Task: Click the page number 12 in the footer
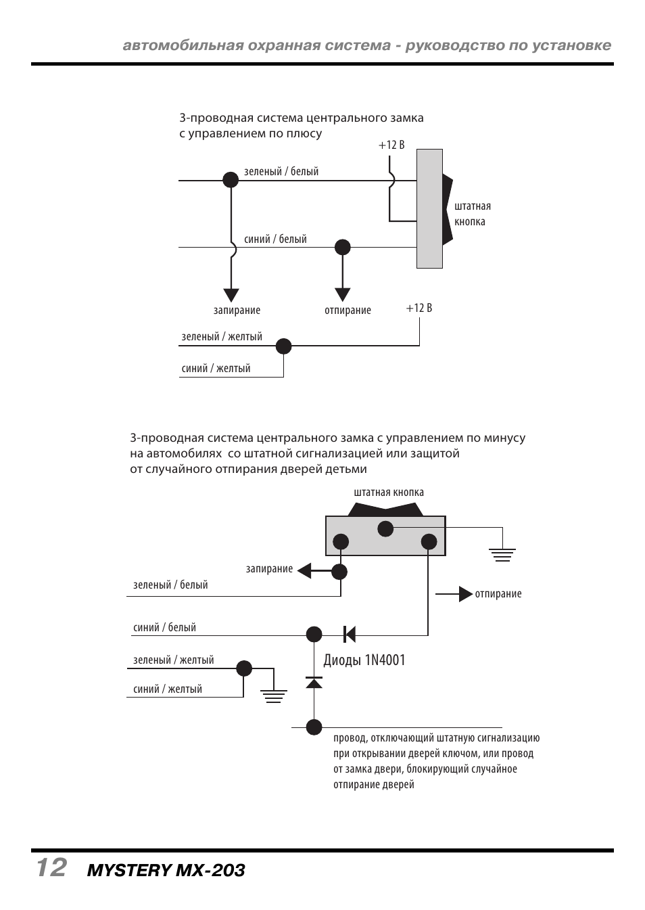coord(51,867)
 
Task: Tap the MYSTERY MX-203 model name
coord(166,870)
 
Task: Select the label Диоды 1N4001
coord(364,660)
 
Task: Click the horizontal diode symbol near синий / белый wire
coord(349,634)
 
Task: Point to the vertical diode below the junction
coord(314,682)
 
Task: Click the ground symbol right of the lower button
coord(502,555)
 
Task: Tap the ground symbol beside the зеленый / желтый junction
coord(274,696)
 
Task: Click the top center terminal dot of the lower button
coord(385,528)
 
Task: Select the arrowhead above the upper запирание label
coord(231,295)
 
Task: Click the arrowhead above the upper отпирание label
coord(343,294)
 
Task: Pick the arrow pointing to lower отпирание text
coord(464,594)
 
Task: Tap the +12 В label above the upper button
coord(391,145)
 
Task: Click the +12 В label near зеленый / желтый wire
coord(419,308)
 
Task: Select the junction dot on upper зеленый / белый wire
coord(231,179)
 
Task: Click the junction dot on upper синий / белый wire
coord(343,247)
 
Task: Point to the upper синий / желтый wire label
coord(216,369)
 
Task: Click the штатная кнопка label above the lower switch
coord(389,493)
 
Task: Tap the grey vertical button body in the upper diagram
coord(429,208)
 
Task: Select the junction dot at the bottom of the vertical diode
coord(314,727)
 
